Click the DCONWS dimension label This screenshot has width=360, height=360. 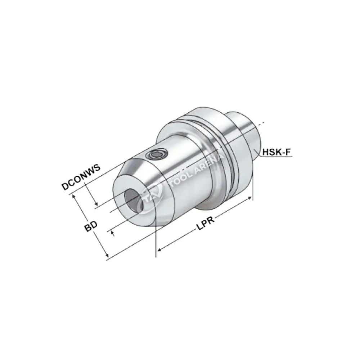[81, 177]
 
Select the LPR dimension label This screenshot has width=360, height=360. [206, 223]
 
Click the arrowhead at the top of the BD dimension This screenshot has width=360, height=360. [74, 196]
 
